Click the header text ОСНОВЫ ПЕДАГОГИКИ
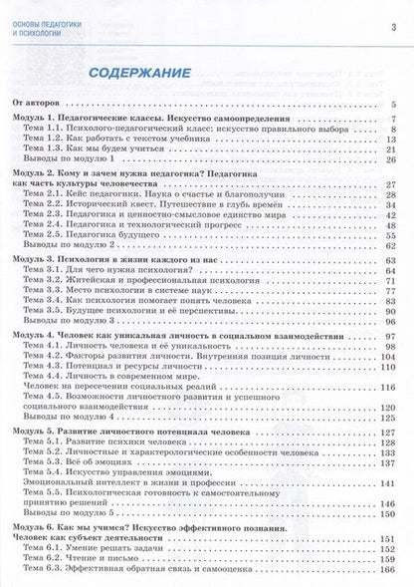tap(56, 10)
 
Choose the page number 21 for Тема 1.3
tap(392, 149)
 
